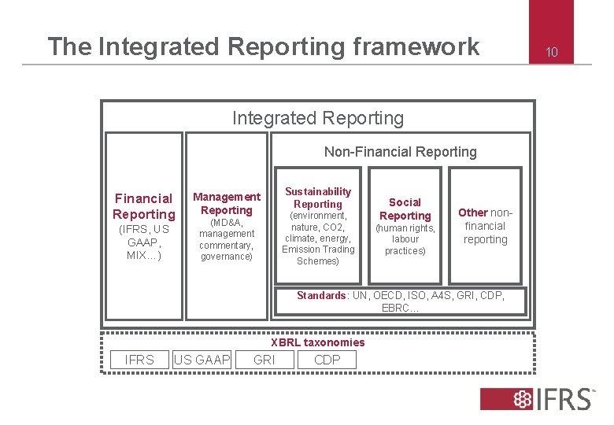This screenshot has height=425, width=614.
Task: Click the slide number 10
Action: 552,53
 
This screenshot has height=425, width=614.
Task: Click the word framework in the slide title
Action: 416,46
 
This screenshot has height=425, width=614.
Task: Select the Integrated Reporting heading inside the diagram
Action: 317,118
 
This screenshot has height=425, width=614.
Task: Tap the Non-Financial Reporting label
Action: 400,152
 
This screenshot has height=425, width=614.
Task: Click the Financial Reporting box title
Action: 143,206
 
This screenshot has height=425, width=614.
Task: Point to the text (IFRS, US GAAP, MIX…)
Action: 143,243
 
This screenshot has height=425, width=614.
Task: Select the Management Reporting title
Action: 227,203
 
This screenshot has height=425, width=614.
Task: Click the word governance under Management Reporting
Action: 226,257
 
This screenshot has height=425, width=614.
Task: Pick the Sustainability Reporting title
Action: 318,198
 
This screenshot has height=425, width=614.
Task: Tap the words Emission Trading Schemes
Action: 318,255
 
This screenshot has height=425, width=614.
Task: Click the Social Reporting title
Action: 405,209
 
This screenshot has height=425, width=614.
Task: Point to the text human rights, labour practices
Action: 405,239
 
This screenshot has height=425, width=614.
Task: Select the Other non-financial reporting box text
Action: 485,226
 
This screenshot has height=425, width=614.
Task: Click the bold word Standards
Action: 320,295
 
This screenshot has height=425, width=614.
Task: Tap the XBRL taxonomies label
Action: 317,342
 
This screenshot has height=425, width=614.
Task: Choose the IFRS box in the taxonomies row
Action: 139,360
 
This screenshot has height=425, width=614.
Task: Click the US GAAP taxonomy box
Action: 202,360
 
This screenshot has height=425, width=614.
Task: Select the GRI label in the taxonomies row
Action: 264,360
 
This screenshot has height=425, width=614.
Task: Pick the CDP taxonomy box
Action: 327,360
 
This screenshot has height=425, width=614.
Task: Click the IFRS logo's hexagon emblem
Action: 522,398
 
